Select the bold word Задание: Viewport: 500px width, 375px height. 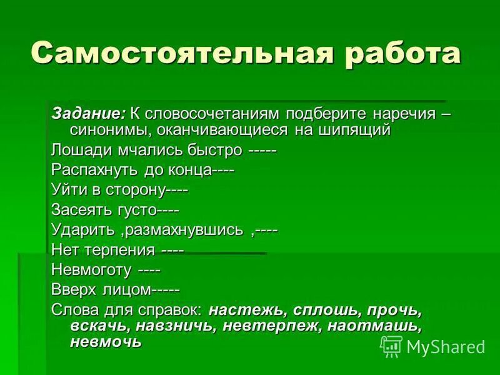pyautogui.click(x=87, y=114)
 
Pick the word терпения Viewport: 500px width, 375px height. pyautogui.click(x=121, y=251)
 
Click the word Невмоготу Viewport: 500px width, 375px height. pyautogui.click(x=91, y=271)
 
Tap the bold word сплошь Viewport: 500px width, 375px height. pyautogui.click(x=324, y=311)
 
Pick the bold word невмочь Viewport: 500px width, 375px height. pyautogui.click(x=106, y=342)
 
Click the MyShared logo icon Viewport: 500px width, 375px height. pyautogui.click(x=391, y=346)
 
